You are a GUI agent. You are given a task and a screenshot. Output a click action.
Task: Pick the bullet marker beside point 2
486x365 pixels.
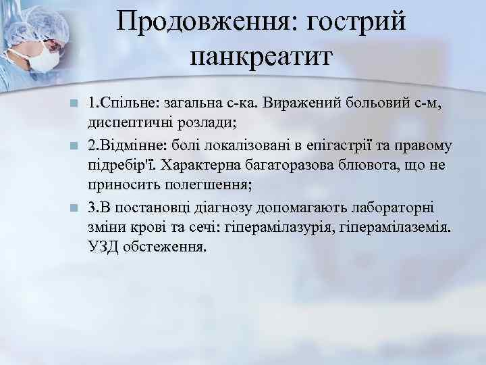(76, 147)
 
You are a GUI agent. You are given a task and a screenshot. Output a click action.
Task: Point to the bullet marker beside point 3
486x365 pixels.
(76, 208)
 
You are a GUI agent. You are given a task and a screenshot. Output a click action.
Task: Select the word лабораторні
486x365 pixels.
(387, 207)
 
